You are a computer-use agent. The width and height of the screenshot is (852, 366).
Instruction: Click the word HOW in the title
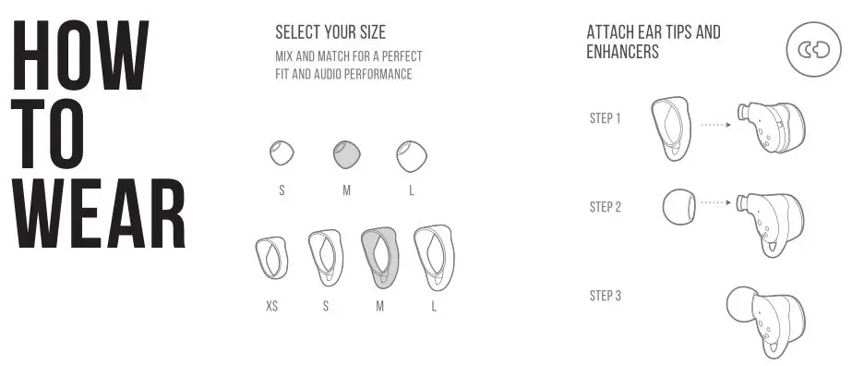coord(81,56)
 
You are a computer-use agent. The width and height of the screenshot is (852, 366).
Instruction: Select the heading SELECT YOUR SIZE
coord(330,33)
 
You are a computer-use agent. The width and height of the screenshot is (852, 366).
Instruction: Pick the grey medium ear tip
coord(347,154)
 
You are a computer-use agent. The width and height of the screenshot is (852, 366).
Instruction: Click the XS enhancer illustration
coord(270,260)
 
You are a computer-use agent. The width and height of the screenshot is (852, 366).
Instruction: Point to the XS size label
coord(271,306)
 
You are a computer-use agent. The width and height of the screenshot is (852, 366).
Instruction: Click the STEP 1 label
coord(606,118)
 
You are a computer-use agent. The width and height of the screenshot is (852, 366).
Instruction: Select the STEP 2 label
coord(606,207)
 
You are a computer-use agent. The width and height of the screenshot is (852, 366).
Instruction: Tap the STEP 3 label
coord(606,296)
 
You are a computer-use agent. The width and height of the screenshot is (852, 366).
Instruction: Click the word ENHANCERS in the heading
coord(622,53)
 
